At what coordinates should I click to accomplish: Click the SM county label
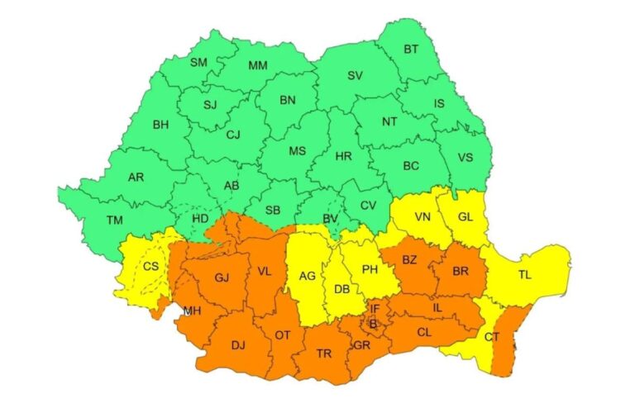point(198,63)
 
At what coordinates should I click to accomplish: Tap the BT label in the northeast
point(411,50)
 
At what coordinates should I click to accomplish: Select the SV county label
point(355,76)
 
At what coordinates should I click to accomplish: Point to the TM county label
point(115,220)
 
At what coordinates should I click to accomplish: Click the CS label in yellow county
point(151,266)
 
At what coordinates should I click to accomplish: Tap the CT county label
point(492,336)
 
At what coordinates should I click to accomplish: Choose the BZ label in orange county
point(409,260)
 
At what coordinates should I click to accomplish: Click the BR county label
point(461,270)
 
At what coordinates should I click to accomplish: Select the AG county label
point(307,276)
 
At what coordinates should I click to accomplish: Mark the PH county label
point(370,269)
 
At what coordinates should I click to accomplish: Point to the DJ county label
point(238,345)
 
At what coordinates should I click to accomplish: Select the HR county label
point(345,155)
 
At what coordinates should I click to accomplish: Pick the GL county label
point(468,218)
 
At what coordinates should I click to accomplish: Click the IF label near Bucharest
point(375,308)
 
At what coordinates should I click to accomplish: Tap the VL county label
point(265,271)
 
